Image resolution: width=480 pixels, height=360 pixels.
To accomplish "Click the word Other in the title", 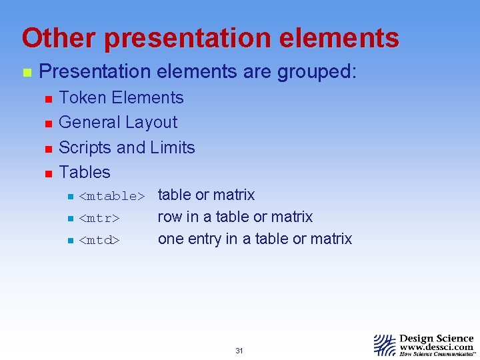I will click(x=58, y=38).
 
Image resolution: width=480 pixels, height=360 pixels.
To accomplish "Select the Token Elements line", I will click(x=121, y=98).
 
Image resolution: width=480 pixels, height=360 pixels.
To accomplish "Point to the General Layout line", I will click(x=118, y=123).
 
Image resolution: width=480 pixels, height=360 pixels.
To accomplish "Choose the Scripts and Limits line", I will click(x=127, y=147).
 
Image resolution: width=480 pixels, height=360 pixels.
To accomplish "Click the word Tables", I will click(x=85, y=172).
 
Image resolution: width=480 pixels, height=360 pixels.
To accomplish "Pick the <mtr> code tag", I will click(x=99, y=218).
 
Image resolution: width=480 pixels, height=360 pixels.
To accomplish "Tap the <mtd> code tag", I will click(x=99, y=240).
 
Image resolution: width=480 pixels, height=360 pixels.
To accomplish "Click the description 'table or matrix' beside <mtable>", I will click(x=206, y=195).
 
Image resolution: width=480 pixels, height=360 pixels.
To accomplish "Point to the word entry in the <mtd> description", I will click(x=203, y=239).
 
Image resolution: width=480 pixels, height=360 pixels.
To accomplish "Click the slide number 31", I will click(x=239, y=351).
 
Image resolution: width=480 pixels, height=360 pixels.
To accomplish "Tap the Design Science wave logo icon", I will click(x=385, y=343).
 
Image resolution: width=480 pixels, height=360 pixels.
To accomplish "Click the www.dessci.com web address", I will click(x=437, y=347).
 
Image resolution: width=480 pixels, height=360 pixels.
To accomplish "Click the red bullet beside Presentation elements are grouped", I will click(x=26, y=73).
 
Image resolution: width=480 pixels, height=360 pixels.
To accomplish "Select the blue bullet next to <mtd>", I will click(x=69, y=240).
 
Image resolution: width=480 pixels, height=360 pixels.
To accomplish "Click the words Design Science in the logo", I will click(x=437, y=338).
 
